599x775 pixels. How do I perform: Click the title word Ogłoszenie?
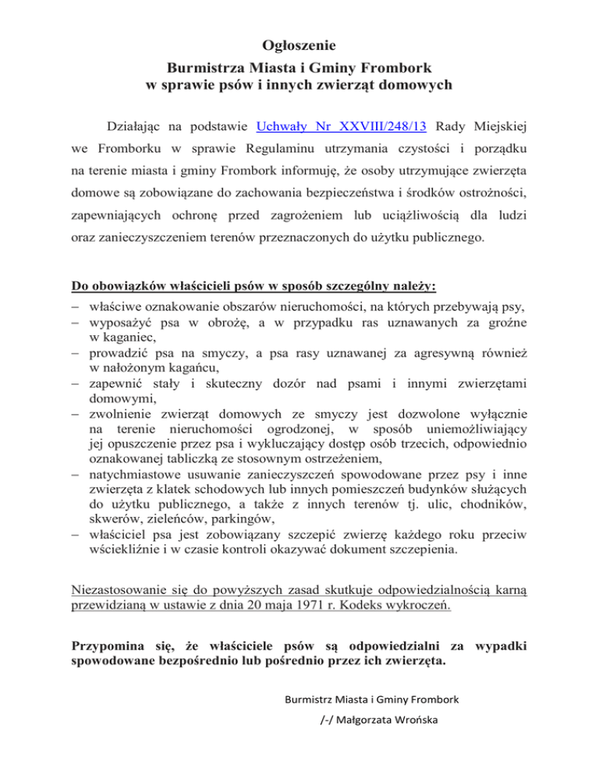[299, 33]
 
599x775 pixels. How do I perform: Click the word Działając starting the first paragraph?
[143, 123]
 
